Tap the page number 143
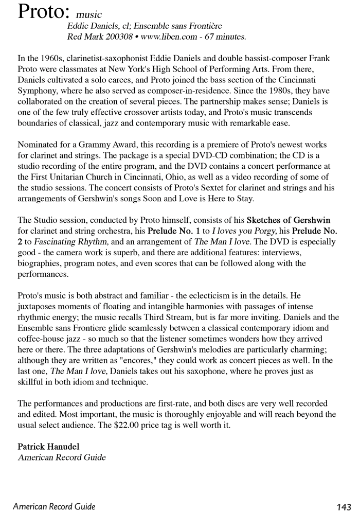342,506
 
